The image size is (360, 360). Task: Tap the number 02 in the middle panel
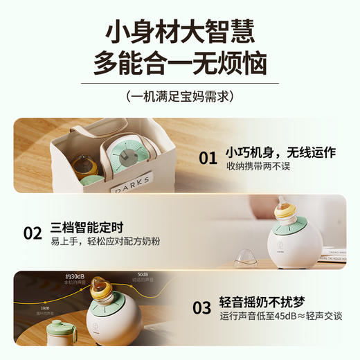33,233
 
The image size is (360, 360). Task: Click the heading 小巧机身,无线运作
280,152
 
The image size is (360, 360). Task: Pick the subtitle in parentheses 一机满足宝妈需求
180,96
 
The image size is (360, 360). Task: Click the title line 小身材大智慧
180,31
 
